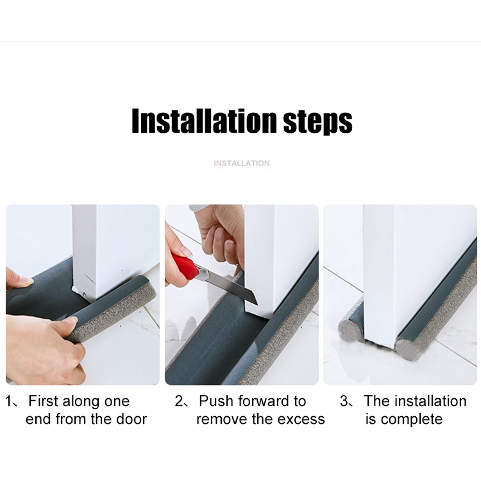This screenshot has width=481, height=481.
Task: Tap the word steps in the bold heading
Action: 317,122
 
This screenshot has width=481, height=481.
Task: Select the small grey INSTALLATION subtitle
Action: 242,163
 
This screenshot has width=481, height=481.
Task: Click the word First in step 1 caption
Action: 43,401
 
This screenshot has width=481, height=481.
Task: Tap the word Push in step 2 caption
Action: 215,401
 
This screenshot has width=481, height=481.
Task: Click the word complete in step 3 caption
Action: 412,419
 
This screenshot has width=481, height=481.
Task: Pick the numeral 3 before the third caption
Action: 344,401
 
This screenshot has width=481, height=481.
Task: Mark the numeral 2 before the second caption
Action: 179,401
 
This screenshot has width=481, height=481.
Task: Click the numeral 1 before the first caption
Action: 9,401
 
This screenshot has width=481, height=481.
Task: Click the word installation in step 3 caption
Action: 430,401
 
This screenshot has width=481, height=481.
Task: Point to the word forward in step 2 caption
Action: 262,401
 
